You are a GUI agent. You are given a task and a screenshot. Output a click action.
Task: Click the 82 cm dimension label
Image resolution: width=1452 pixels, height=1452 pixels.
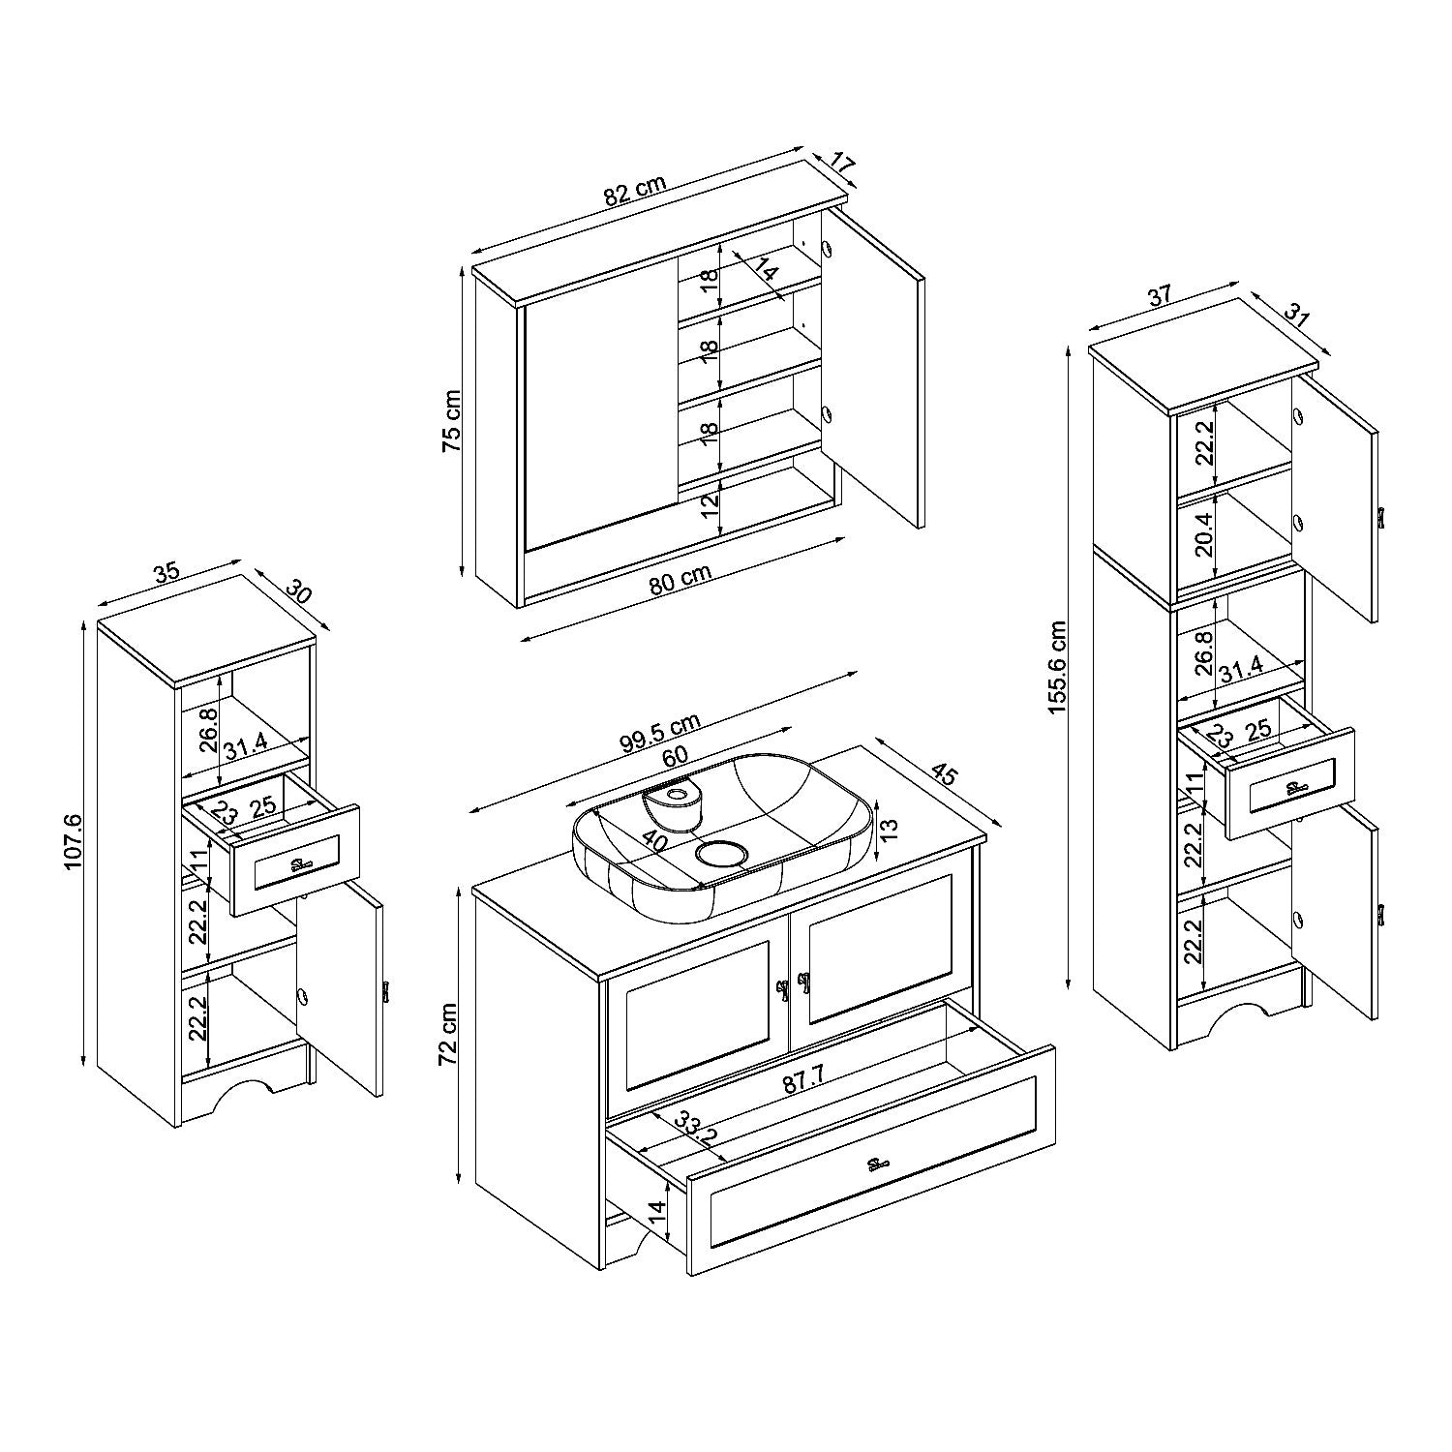635,190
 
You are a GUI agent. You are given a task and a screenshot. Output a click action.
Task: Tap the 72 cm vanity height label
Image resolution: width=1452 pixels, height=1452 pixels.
448,1034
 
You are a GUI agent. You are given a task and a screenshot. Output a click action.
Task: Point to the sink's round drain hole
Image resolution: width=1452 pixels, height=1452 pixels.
719,853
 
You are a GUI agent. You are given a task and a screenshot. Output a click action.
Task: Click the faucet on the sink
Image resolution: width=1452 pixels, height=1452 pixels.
673,801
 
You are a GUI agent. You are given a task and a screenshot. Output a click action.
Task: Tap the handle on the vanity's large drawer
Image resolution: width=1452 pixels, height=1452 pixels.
877,1164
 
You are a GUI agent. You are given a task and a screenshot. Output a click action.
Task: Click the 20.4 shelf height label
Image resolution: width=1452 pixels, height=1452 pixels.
1203,531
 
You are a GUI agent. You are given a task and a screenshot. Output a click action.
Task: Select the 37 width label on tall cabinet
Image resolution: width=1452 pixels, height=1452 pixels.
1162,296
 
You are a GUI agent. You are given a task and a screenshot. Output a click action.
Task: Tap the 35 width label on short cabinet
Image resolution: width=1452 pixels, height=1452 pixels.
166,571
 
